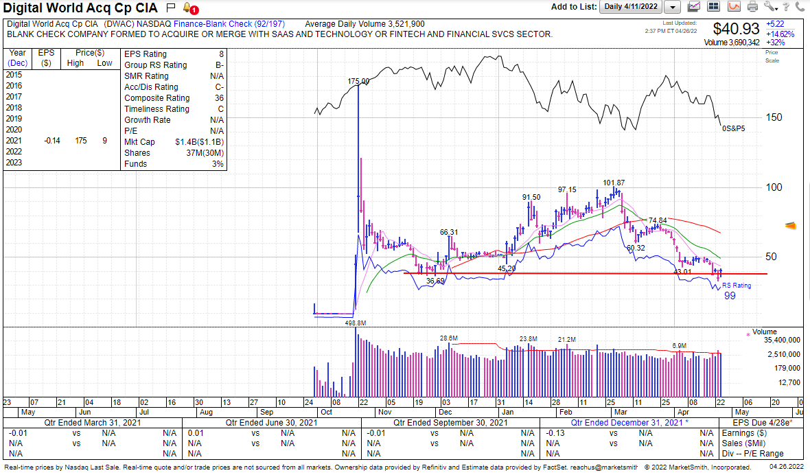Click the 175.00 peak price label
[358, 81]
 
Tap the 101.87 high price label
[614, 183]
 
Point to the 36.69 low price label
[435, 281]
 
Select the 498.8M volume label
[355, 323]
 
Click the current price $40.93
[737, 29]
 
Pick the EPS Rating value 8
[221, 54]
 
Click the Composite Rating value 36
[219, 98]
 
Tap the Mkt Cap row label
[139, 142]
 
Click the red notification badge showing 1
[194, 11]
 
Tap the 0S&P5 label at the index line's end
[733, 128]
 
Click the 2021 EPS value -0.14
[51, 141]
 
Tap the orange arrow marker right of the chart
[790, 225]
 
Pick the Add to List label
[573, 7]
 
